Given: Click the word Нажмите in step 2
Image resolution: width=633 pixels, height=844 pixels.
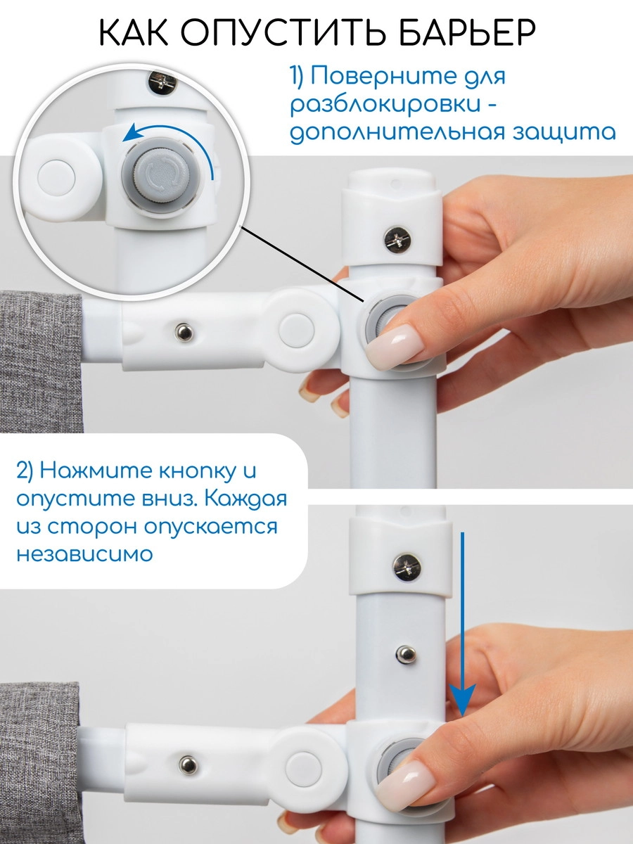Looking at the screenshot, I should [x=84, y=470].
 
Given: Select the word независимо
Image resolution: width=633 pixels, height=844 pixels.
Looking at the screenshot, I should [x=84, y=554].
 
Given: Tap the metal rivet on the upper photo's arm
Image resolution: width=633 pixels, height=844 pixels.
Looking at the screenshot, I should [x=184, y=330].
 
